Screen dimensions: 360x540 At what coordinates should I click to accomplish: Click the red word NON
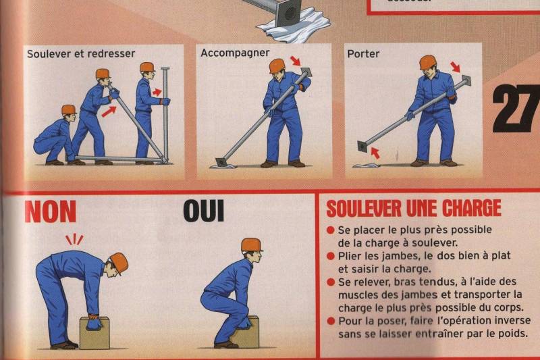point(51,211)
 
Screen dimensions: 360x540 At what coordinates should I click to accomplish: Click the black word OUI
point(203,211)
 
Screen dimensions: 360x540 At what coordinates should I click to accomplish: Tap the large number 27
point(516,107)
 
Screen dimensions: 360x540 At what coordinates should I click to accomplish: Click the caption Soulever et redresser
point(81,53)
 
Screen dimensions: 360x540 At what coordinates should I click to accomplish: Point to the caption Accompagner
point(236,53)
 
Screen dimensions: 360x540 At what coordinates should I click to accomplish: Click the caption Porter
point(362,53)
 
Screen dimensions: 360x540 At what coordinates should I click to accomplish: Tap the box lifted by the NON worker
point(94,333)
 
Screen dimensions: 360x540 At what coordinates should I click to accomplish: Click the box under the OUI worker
point(244,332)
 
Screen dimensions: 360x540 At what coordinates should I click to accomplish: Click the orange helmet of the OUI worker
point(251,245)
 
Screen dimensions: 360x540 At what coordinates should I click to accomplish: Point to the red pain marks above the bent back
point(74,239)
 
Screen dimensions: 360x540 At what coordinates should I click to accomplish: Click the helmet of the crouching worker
point(68,109)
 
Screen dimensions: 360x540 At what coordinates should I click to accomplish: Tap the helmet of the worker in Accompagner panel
point(277,66)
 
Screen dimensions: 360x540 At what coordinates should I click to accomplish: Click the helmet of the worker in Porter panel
point(427,62)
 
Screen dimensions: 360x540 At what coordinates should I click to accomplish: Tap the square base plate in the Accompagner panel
point(221,162)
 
